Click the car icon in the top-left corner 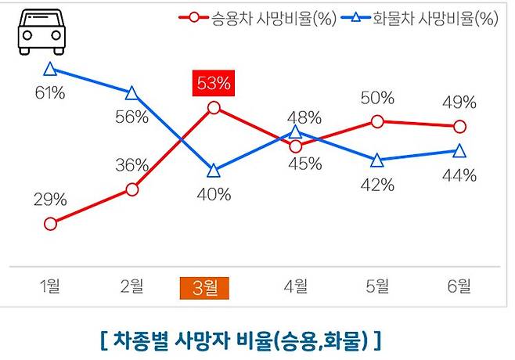[x=39, y=32]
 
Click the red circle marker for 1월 [x=51, y=224]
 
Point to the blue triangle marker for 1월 [x=51, y=70]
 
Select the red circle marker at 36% [x=131, y=189]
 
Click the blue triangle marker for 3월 [x=214, y=170]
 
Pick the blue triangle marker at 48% [x=296, y=132]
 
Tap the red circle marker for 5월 [x=377, y=121]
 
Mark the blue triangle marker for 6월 [x=459, y=150]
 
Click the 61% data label [x=49, y=94]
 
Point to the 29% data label [x=49, y=200]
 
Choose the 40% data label [x=214, y=195]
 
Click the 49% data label [x=459, y=103]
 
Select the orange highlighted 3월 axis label [x=204, y=288]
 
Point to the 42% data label [x=378, y=185]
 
